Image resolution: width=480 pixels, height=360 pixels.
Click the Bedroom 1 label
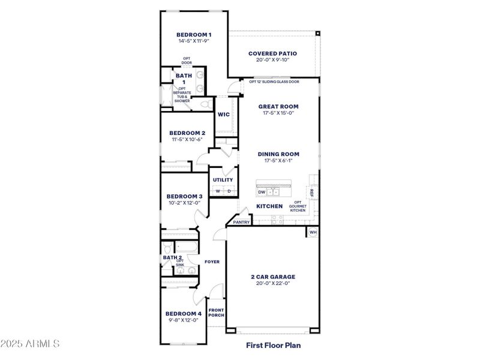[194, 35]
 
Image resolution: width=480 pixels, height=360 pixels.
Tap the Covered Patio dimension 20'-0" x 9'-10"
[272, 60]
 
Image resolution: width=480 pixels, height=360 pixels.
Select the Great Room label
[278, 106]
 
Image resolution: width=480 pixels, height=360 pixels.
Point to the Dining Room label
[278, 154]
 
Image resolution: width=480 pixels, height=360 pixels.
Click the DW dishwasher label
[262, 192]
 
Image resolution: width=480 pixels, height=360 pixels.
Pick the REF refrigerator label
[311, 192]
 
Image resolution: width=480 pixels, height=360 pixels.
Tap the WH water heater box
[313, 232]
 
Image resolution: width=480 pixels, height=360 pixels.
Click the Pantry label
[241, 222]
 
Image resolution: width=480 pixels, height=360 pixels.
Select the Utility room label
[223, 179]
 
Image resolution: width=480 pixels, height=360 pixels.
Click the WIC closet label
[223, 114]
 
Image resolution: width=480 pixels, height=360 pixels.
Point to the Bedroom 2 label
[187, 133]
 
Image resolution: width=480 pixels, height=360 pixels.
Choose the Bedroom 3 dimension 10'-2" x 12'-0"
[184, 203]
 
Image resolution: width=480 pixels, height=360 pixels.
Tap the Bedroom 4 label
[183, 314]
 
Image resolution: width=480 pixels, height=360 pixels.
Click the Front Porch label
[216, 313]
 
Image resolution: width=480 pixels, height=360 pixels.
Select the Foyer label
[212, 262]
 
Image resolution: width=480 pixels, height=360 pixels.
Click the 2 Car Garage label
[272, 277]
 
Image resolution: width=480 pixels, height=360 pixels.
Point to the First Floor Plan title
[273, 345]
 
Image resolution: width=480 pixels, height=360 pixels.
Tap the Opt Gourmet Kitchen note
[298, 207]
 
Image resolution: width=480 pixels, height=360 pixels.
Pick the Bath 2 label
[172, 257]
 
